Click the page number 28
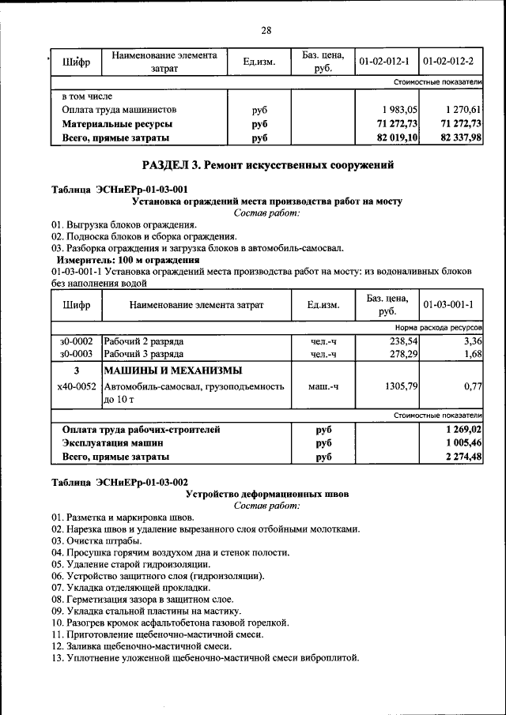coord(266,31)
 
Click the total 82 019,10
coord(397,138)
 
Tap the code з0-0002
coord(77,341)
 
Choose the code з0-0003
coord(77,354)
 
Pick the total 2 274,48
coord(463,457)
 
